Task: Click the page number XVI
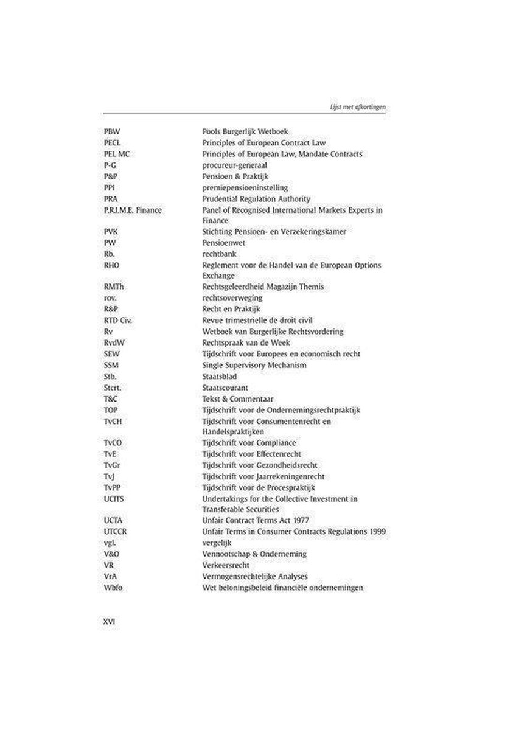(110, 622)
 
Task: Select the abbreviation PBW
(111, 131)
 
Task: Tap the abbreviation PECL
(111, 142)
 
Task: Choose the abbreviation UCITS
(114, 499)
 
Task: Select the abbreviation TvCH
(113, 421)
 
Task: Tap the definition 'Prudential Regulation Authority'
(256, 199)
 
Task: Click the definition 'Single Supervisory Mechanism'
(254, 365)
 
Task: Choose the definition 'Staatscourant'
(224, 388)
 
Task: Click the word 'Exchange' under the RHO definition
(218, 276)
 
